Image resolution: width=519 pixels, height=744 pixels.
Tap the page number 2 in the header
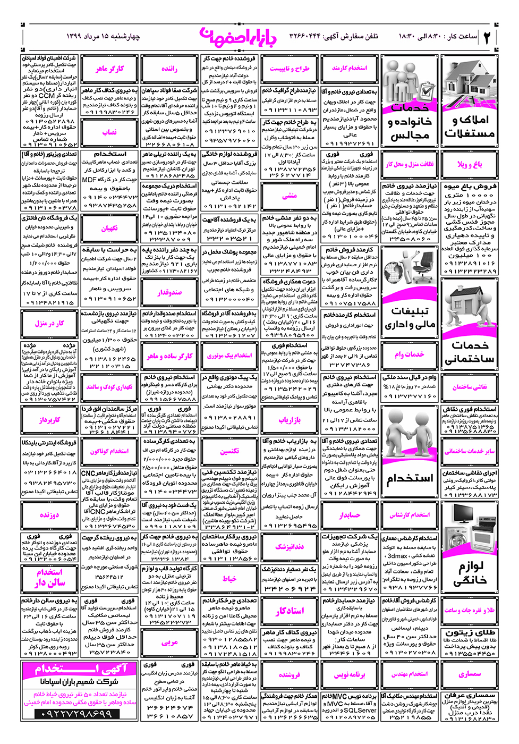(x=487, y=37)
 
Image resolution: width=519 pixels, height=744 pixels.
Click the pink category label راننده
(x=169, y=69)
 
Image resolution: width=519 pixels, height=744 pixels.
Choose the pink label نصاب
(x=109, y=132)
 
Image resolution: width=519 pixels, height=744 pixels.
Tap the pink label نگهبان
(x=109, y=229)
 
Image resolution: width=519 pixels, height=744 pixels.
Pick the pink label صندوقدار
(x=169, y=292)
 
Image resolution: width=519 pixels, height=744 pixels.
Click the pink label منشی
(x=290, y=196)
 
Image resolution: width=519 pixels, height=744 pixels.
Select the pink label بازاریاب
(x=290, y=420)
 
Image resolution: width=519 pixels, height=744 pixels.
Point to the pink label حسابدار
(x=350, y=515)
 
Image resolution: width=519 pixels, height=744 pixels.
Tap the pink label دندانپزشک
(x=290, y=546)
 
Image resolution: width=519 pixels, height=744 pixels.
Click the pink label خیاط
(x=229, y=578)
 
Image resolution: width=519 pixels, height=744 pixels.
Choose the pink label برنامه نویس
(x=350, y=674)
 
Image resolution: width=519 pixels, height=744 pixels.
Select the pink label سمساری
(x=470, y=674)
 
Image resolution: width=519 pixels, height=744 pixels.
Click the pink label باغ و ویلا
(x=470, y=164)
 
